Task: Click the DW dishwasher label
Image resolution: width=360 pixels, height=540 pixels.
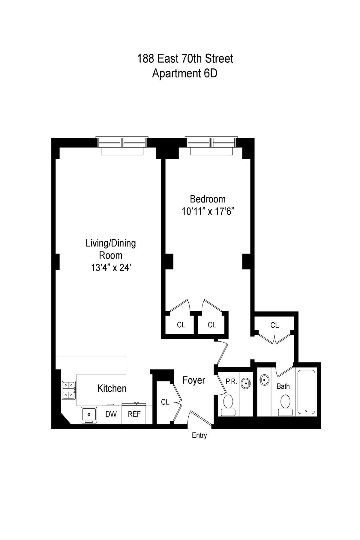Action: click(111, 414)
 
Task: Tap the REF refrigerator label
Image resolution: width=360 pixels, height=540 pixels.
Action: click(134, 414)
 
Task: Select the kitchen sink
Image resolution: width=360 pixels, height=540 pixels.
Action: click(89, 415)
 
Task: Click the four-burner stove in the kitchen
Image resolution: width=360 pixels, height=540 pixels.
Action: click(69, 390)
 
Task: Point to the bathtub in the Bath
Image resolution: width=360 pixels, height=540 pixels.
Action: click(306, 393)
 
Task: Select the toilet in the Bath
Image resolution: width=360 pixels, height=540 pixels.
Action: click(285, 405)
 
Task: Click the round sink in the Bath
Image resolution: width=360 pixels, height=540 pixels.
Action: click(264, 380)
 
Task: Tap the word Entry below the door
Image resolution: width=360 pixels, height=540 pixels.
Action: click(199, 435)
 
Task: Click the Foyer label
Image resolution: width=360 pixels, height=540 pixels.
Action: click(194, 380)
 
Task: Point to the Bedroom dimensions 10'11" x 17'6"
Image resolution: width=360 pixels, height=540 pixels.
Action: click(208, 212)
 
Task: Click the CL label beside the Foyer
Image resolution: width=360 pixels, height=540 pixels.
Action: click(165, 402)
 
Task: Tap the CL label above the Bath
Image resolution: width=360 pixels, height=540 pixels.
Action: click(274, 325)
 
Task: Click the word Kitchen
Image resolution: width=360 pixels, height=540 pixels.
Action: click(112, 388)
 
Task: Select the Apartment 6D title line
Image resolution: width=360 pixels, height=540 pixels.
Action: click(184, 73)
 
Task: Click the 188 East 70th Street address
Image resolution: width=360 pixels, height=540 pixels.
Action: click(185, 58)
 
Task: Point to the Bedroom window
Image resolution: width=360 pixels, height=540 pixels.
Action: click(211, 146)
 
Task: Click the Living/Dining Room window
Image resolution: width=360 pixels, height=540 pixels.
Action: click(122, 146)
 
